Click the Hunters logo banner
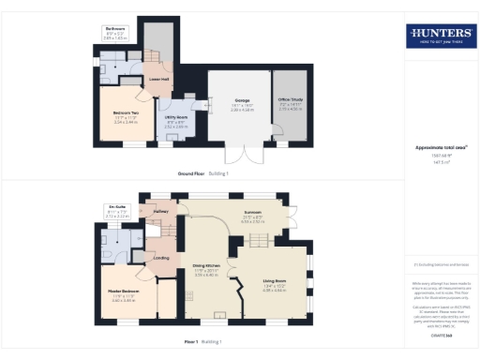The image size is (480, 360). pos(440,37)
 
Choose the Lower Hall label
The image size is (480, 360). pos(159,80)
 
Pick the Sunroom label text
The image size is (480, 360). pos(253,217)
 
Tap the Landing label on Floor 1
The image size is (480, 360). pos(161,258)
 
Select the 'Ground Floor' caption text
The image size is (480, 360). pos(195,173)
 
